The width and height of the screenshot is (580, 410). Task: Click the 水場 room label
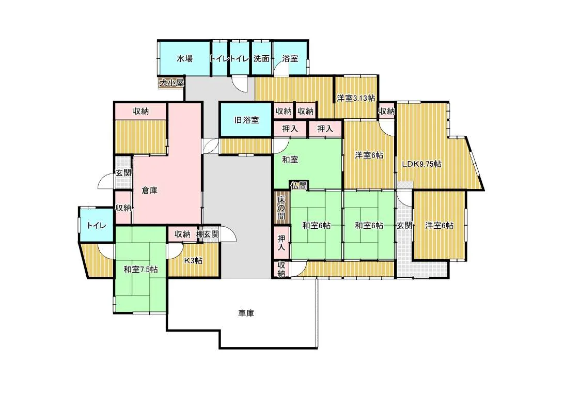(184, 58)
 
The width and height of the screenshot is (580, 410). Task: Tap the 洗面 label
(261, 58)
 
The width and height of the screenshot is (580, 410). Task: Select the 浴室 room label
(290, 58)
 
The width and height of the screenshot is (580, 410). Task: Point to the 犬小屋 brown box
(171, 83)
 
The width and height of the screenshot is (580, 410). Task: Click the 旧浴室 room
(246, 120)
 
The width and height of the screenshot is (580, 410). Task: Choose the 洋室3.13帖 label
(356, 98)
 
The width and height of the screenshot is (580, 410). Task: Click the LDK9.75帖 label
(421, 164)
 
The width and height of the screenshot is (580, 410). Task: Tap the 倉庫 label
(150, 191)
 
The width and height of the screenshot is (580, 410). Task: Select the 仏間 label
(299, 185)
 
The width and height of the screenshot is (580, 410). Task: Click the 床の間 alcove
(281, 207)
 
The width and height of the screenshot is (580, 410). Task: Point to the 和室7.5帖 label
(140, 269)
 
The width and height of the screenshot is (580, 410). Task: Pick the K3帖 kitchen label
(193, 260)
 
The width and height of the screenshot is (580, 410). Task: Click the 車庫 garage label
(246, 313)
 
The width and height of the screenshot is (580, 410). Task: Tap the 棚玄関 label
(208, 234)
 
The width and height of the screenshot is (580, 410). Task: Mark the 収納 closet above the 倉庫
(141, 111)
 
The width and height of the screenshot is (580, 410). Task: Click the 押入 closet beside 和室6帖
(281, 243)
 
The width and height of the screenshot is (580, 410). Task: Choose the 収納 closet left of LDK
(387, 111)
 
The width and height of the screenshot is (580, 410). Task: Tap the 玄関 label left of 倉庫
(123, 172)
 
